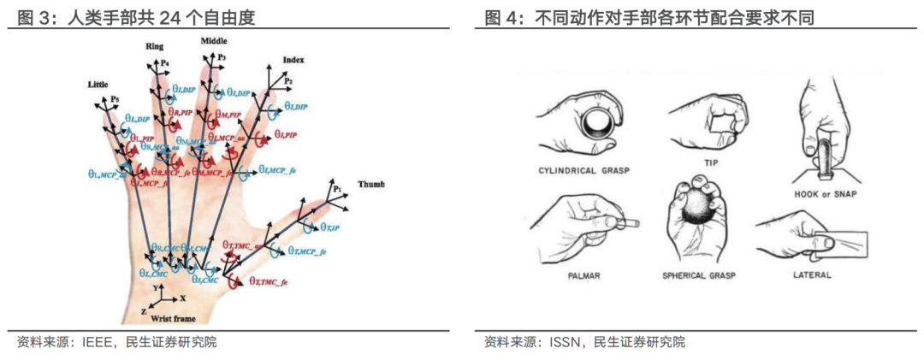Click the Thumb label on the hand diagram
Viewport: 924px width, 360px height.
[372, 184]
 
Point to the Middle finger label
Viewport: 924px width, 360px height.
[215, 40]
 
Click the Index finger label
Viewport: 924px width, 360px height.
[293, 60]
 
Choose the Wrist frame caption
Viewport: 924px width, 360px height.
[171, 318]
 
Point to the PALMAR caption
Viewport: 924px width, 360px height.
[585, 276]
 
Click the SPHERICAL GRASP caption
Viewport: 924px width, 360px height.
[699, 276]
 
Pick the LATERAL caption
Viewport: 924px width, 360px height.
[812, 275]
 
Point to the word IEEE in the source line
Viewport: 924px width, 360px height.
[94, 342]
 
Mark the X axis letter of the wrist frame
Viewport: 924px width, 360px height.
[183, 299]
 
